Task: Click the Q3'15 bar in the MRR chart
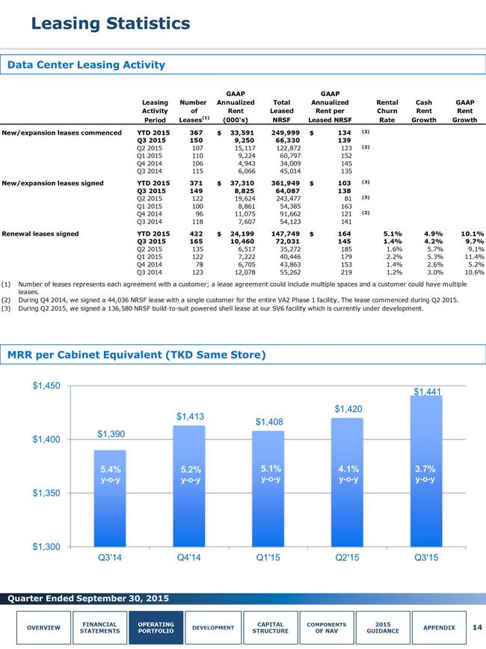[x=426, y=471]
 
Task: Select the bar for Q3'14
[x=110, y=499]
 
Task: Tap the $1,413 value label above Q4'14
[x=190, y=416]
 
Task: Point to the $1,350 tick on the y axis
[x=46, y=493]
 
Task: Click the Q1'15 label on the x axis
[x=268, y=558]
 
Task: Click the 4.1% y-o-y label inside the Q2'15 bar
[x=348, y=474]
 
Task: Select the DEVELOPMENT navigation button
[x=213, y=627]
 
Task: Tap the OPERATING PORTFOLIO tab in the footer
[x=156, y=627]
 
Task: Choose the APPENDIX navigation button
[x=439, y=627]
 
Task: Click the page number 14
[x=477, y=627]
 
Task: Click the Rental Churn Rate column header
[x=387, y=111]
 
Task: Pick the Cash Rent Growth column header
[x=424, y=111]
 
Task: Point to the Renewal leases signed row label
[x=40, y=234]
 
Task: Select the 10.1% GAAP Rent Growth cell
[x=473, y=234]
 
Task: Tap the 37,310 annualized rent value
[x=242, y=183]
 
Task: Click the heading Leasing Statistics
[x=111, y=23]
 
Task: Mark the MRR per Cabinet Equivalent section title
[x=136, y=355]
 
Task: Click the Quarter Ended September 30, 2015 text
[x=88, y=599]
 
